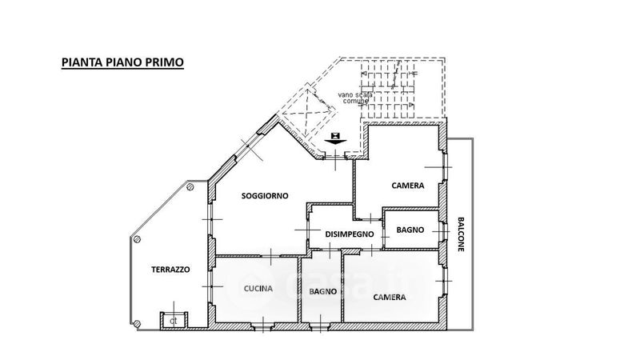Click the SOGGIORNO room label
pyautogui.click(x=265, y=196)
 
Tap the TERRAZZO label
pyautogui.click(x=170, y=270)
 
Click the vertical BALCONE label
pyautogui.click(x=461, y=235)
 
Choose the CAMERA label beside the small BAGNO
pyautogui.click(x=408, y=186)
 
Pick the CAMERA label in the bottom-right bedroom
pyautogui.click(x=390, y=297)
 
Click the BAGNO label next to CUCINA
pyautogui.click(x=322, y=291)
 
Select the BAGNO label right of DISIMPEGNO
pyautogui.click(x=410, y=230)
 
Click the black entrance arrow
pyautogui.click(x=336, y=138)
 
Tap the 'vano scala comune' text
pyautogui.click(x=353, y=97)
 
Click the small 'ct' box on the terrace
pyautogui.click(x=171, y=321)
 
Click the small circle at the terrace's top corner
pyautogui.click(x=190, y=185)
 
